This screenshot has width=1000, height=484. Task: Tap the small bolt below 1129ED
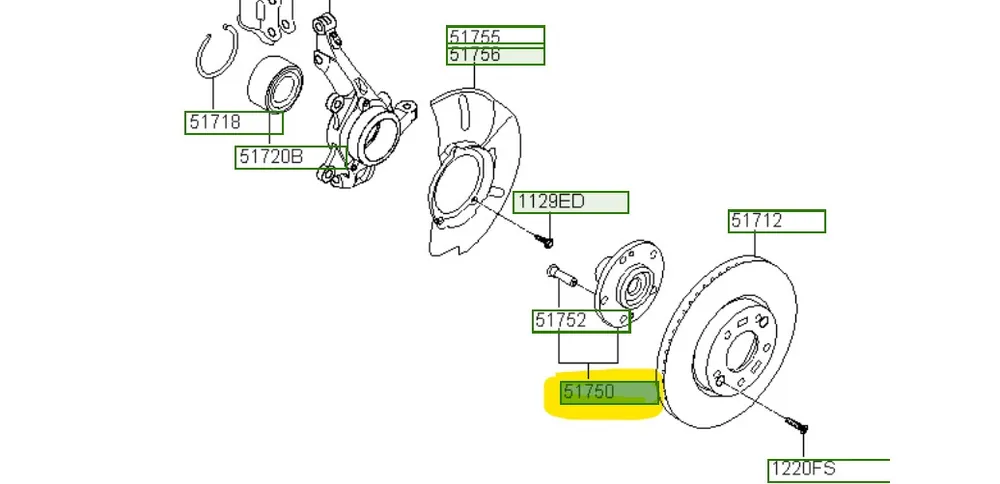pos(546,240)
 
